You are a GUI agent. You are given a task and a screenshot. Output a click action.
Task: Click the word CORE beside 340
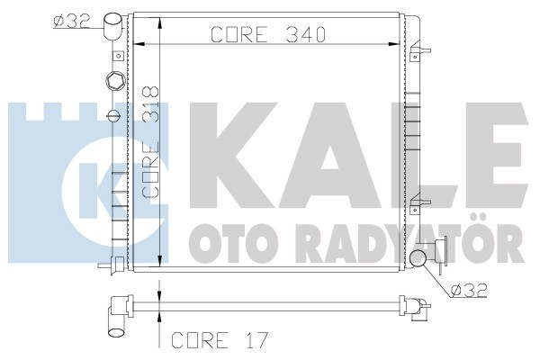click(x=235, y=35)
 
